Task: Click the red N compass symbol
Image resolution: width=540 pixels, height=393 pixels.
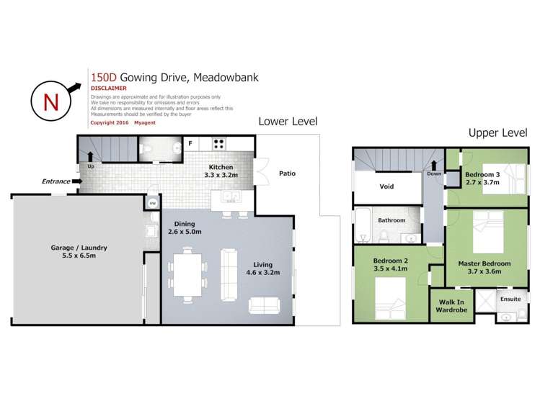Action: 51,101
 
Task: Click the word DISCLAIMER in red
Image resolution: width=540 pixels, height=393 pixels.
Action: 108,88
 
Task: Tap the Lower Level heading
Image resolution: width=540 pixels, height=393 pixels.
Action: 288,122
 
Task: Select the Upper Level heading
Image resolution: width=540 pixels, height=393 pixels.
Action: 497,132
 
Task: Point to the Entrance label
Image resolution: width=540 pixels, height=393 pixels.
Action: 56,181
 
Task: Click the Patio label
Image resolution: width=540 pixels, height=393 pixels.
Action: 287,173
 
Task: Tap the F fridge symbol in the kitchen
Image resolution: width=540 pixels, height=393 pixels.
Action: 190,143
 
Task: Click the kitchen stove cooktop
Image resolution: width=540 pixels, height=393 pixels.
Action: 219,143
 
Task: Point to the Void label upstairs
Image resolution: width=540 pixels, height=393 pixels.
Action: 386,186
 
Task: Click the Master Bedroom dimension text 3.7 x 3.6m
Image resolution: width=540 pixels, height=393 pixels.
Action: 484,272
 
